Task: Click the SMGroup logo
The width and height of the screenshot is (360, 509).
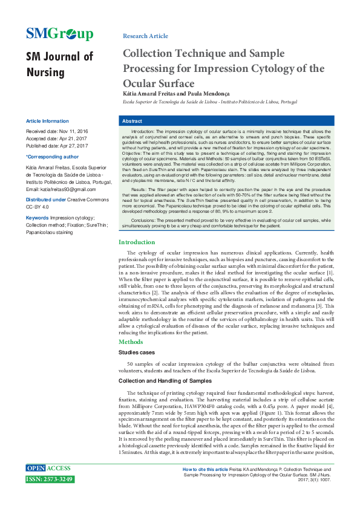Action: (x=59, y=34)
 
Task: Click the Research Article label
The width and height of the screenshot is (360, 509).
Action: (x=145, y=36)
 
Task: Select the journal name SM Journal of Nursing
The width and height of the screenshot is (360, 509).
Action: (x=59, y=65)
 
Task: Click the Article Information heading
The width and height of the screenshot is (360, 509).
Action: (x=47, y=121)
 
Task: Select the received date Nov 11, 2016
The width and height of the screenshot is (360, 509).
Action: (x=74, y=131)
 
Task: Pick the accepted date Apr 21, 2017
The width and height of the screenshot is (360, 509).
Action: (x=73, y=138)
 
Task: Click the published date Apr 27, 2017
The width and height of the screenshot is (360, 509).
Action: (x=74, y=145)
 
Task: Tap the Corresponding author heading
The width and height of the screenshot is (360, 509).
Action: (x=52, y=156)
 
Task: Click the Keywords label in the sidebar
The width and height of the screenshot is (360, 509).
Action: (x=37, y=217)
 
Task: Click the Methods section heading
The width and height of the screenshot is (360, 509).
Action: (x=131, y=342)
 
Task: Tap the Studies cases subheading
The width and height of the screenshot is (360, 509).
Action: (x=136, y=352)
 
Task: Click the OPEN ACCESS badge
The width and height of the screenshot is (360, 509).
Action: (x=49, y=468)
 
